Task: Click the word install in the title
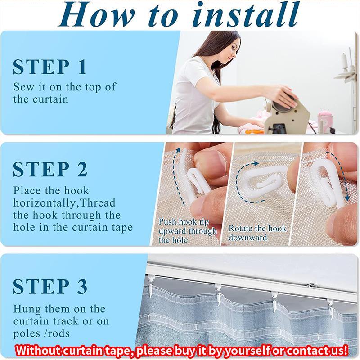pos(246,14)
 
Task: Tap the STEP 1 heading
pos(50,67)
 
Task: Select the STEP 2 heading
pos(50,169)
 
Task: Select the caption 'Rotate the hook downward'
pos(257,233)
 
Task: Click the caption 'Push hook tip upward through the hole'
pos(187,231)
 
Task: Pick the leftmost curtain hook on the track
pos(150,285)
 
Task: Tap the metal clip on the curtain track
pos(312,285)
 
